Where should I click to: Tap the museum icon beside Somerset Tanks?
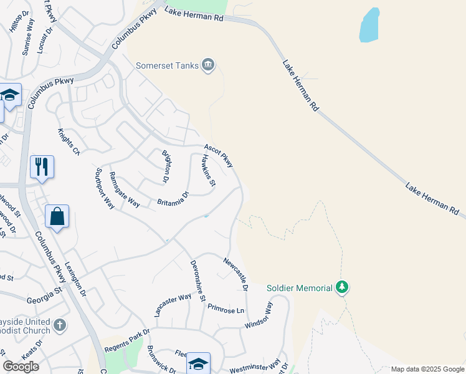[209, 65]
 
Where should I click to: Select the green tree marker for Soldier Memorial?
[341, 287]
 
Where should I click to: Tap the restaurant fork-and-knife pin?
[42, 166]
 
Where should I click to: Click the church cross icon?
[60, 325]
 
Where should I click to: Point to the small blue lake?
[370, 26]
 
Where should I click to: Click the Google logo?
[21, 366]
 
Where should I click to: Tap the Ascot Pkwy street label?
[219, 155]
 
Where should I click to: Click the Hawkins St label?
[208, 170]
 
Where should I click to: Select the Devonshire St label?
[198, 281]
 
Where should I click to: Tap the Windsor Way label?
[259, 315]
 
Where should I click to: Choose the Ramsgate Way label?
[124, 189]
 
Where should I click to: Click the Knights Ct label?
[69, 142]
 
